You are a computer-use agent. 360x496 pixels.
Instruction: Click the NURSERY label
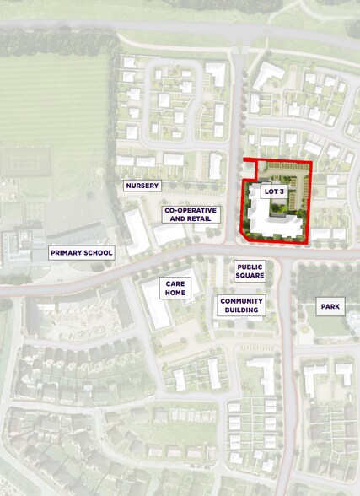pos(142,186)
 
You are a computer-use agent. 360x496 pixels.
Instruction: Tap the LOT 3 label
pos(274,192)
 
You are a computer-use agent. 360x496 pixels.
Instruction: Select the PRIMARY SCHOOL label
pos(81,252)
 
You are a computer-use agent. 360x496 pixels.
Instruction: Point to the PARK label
pos(330,307)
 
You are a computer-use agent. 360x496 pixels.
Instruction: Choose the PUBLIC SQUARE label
pos(250,270)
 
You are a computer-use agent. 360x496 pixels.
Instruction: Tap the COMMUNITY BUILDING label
pos(241,305)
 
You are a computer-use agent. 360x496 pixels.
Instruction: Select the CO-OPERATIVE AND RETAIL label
pos(191,214)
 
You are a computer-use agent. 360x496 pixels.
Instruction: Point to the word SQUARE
pos(250,276)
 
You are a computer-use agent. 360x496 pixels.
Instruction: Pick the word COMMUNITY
pos(241,300)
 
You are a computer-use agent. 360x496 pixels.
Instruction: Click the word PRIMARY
pos(65,252)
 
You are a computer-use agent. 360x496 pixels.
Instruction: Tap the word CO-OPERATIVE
pos(191,209)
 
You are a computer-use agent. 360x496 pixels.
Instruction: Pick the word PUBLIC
pos(250,265)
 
